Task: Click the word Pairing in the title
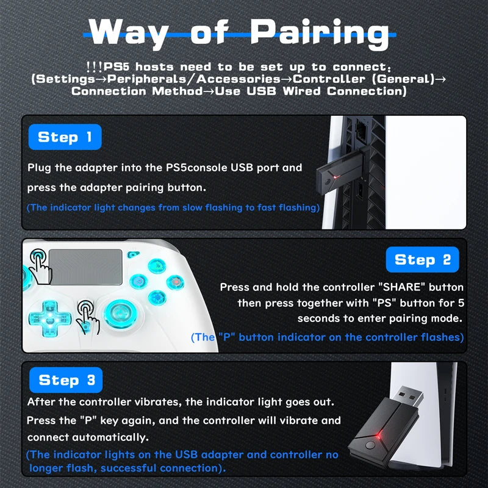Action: pos(320,34)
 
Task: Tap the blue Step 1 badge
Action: pos(65,137)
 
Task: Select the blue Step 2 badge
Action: pos(422,260)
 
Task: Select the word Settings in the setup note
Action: pos(60,79)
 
